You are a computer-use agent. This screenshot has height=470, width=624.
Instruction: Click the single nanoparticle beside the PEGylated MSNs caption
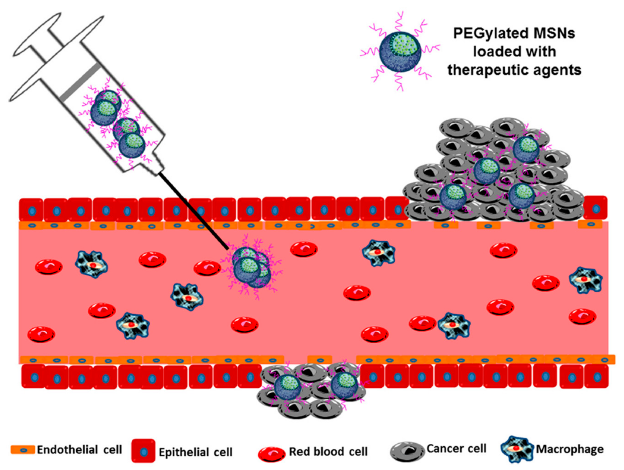400,52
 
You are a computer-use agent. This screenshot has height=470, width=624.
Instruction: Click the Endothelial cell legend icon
23,450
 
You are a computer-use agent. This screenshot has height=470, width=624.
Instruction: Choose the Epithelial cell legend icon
143,450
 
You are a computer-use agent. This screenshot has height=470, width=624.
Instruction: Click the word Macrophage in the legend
570,449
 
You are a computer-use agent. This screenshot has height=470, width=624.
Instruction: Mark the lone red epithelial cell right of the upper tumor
596,208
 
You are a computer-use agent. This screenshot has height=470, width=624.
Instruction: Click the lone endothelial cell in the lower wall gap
320,360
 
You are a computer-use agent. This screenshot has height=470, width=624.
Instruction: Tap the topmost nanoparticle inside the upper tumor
526,150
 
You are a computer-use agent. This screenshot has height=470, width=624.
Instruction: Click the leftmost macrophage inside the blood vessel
91,264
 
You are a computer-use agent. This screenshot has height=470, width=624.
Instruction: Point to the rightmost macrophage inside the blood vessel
586,280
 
